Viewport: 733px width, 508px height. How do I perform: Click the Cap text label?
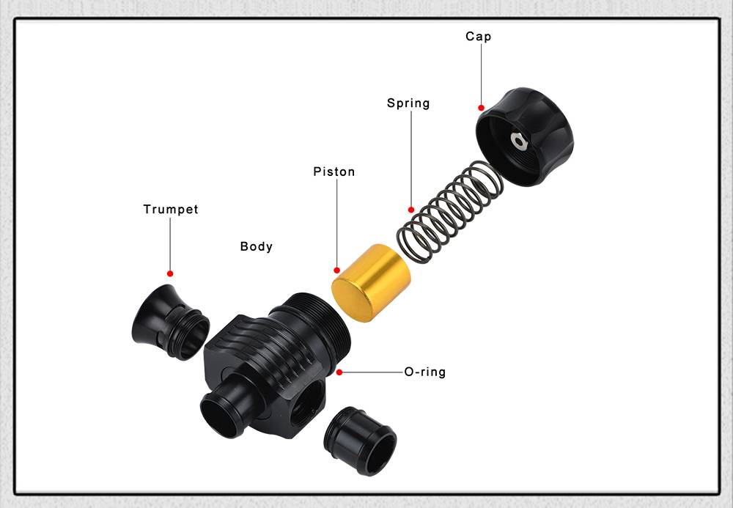click(x=478, y=37)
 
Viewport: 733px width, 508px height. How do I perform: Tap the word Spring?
click(x=408, y=103)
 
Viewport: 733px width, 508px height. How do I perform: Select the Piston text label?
click(x=334, y=172)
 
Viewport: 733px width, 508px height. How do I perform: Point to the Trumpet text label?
click(x=171, y=210)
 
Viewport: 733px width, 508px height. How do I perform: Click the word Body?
click(x=256, y=246)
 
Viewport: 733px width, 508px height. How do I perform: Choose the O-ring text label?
click(x=425, y=372)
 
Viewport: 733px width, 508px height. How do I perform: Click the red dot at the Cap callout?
click(x=481, y=108)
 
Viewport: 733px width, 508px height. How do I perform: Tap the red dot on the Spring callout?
click(x=411, y=210)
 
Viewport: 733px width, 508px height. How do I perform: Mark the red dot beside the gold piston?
click(x=336, y=270)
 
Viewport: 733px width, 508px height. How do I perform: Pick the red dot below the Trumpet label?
click(x=170, y=273)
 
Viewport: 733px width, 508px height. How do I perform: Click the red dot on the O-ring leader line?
click(x=339, y=372)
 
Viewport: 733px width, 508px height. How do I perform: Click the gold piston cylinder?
click(x=371, y=283)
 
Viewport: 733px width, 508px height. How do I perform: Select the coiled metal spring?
click(x=450, y=211)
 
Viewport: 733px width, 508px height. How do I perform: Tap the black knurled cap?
click(x=525, y=136)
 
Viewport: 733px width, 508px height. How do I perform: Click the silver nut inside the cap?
click(x=518, y=141)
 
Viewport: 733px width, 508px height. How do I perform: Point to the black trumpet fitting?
click(x=171, y=322)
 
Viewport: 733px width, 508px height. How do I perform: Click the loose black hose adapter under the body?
click(x=360, y=441)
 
